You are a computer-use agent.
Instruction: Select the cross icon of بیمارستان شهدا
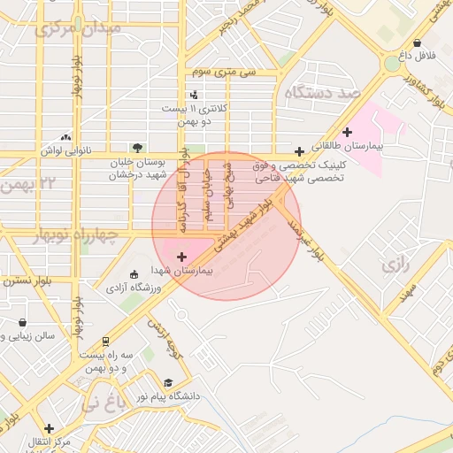pos(182,257)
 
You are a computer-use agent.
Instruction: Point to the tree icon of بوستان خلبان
pos(136,148)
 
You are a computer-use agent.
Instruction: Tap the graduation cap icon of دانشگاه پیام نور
pos(168,382)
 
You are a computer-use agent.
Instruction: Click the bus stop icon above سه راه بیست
pos(106,341)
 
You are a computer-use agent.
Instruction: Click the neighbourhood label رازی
pos(395,265)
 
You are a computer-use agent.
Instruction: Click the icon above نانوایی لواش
pos(65,137)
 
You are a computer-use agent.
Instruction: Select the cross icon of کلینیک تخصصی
pos(300,151)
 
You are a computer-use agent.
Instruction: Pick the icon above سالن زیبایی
pos(22,322)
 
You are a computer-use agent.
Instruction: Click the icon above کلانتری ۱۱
pos(194,95)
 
